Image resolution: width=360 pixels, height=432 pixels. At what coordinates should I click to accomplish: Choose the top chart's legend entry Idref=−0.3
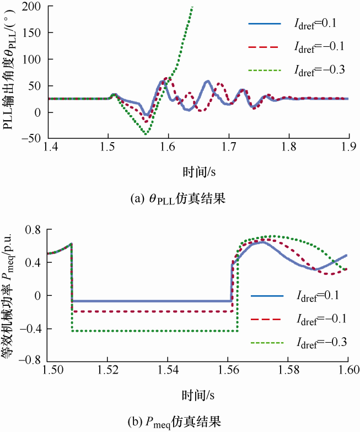click(314, 70)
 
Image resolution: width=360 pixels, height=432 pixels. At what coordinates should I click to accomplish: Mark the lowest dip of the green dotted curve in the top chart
click(146, 134)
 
